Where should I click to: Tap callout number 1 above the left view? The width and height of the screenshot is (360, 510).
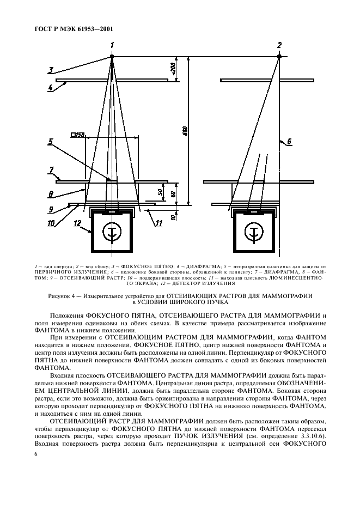[112, 45]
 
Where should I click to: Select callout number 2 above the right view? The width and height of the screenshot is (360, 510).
[279, 45]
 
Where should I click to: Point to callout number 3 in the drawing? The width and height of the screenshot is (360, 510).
[50, 69]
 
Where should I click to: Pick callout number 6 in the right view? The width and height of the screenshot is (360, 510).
[289, 142]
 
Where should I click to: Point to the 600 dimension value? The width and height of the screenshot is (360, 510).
[185, 131]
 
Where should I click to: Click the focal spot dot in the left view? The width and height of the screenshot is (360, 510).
[112, 56]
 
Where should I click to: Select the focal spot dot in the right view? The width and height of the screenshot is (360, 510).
[279, 56]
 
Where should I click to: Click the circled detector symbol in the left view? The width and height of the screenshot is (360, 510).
[112, 232]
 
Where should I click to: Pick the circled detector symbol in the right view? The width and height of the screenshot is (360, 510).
[252, 232]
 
